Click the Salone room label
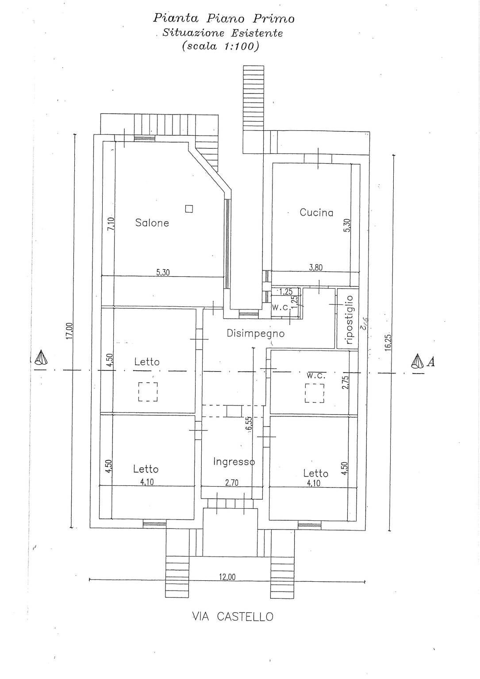pos(152,223)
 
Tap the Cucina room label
pos(316,213)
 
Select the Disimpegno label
pos(255,333)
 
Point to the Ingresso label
pos(234,462)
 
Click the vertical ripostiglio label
pos(349,320)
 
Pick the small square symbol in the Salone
pos(189,209)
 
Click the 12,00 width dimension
pos(227,576)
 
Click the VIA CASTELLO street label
pos(233,617)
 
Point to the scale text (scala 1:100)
pos(220,46)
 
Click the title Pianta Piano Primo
pos(223,18)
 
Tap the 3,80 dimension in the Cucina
pos(316,267)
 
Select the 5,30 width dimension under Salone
pos(163,273)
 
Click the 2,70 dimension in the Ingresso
pos(231,483)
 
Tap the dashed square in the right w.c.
pos(315,393)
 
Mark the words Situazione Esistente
pos(223,33)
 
